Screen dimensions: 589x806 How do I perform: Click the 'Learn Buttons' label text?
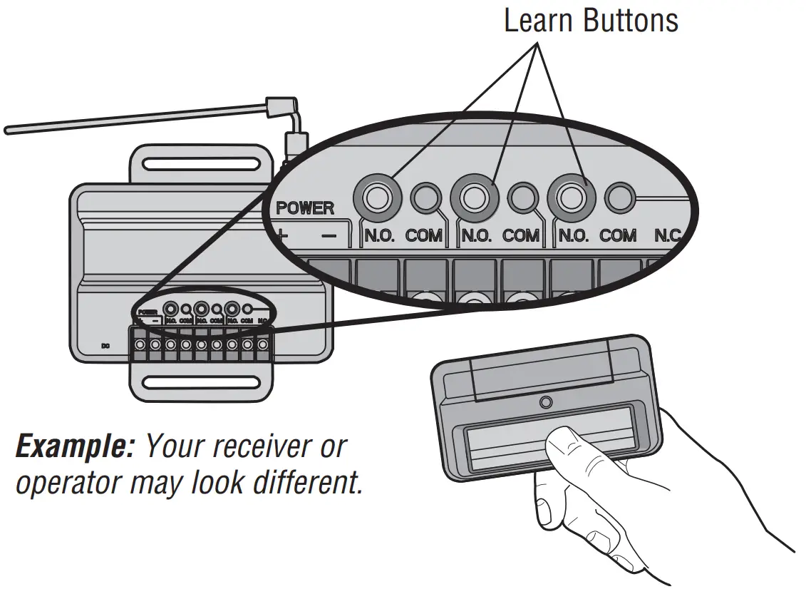click(x=591, y=21)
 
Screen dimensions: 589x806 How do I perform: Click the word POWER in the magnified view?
click(x=305, y=209)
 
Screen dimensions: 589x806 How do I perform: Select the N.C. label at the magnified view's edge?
click(x=668, y=235)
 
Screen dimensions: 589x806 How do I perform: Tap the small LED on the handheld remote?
click(x=546, y=403)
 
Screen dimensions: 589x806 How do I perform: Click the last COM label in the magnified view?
click(x=618, y=235)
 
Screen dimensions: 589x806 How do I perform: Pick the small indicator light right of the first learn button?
click(x=425, y=197)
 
